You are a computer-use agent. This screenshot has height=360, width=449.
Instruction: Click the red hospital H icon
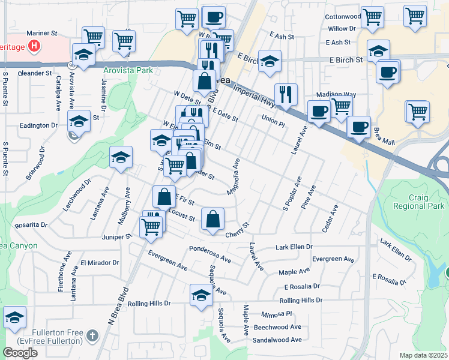coord(34,45)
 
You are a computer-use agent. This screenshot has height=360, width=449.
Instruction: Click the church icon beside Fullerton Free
coord(91,334)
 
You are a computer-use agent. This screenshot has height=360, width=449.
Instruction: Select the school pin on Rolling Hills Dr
coord(201,295)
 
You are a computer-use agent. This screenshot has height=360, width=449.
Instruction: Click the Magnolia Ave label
coord(234,176)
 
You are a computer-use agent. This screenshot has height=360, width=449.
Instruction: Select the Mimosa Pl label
coord(276,314)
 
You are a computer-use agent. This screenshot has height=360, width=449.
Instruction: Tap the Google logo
coord(20,352)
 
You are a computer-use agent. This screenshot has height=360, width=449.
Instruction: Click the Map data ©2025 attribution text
coord(423,355)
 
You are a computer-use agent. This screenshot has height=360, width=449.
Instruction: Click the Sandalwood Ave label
coord(277,340)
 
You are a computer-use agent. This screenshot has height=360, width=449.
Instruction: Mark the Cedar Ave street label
coord(330,219)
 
